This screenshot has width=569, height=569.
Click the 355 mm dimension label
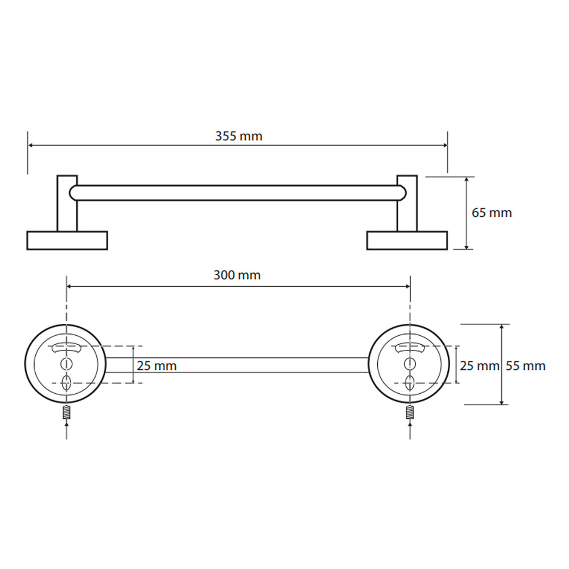pyautogui.click(x=239, y=136)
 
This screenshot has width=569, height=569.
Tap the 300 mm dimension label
pyautogui.click(x=237, y=275)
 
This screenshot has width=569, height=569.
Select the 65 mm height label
pyautogui.click(x=492, y=213)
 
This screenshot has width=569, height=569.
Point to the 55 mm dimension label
pyautogui.click(x=526, y=366)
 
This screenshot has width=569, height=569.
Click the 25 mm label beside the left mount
pyautogui.click(x=157, y=366)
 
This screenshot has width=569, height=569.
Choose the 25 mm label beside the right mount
pyautogui.click(x=480, y=366)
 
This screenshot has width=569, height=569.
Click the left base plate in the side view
pyautogui.click(x=67, y=241)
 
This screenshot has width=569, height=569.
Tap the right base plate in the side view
pyautogui.click(x=407, y=241)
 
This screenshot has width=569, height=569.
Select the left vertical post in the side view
pyautogui.click(x=67, y=203)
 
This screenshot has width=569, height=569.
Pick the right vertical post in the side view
pyautogui.click(x=407, y=203)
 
